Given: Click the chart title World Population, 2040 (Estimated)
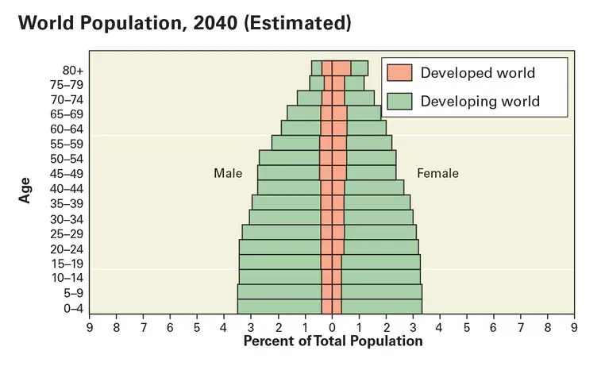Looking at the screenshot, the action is point(184,22).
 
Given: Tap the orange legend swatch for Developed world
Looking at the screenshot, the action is point(399,72).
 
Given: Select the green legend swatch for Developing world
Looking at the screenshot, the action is point(399,101).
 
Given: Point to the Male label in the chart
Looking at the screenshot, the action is point(228,173).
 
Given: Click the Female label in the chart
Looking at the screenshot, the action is point(437,173).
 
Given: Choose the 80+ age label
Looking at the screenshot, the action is point(73,71).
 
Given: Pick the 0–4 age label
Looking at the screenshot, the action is point(73,308).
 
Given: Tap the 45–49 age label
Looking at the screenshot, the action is point(67,174).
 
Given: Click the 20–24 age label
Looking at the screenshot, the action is point(67,249).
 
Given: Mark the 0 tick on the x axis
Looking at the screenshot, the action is point(332,327).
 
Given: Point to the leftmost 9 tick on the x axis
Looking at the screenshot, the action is point(89,327).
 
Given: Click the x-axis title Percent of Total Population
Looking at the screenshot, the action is point(333,341).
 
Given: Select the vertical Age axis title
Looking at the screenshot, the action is point(25,191).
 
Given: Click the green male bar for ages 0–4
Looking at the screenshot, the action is point(279,306).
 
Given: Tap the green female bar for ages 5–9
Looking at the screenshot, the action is point(382,291).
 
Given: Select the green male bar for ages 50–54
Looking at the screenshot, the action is point(289,158).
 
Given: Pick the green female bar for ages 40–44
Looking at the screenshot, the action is point(374,187).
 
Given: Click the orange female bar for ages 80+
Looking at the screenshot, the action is point(341,67).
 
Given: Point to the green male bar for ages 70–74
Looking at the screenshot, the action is point(310,98).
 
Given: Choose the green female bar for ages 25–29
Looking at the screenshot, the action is point(380,233).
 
